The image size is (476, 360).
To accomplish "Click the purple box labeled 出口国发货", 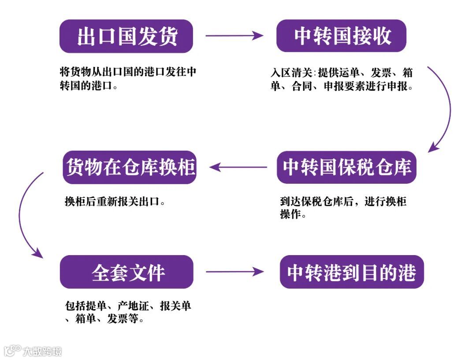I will click(126, 36).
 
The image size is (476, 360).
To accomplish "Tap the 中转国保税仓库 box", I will click(346, 167).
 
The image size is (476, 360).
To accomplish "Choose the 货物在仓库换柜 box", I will click(129, 167).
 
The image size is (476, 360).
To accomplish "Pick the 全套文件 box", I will click(126, 272).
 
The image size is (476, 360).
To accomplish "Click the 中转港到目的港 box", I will click(351, 272).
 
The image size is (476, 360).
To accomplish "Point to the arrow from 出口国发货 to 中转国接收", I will click(234, 36).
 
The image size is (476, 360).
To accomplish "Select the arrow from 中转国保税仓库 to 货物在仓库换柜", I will click(238, 167).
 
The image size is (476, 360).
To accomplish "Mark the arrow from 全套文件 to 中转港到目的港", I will click(234, 272).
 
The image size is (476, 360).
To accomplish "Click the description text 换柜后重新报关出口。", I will click(115, 202).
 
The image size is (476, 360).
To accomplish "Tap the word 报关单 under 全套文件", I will click(175, 306).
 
